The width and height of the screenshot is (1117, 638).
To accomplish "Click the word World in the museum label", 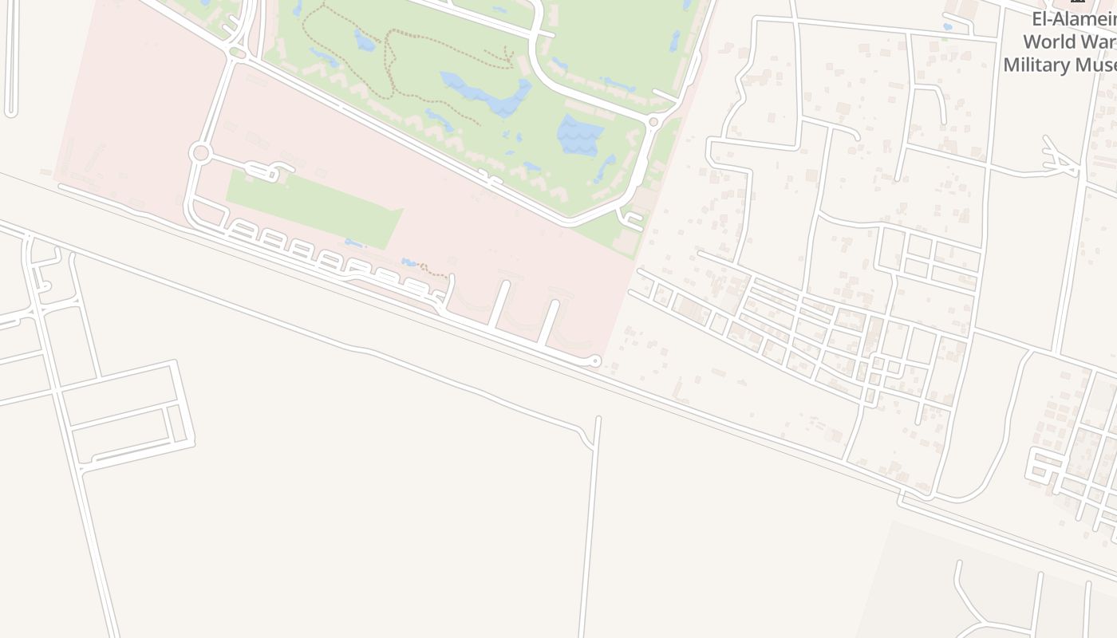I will pyautogui.click(x=1043, y=41).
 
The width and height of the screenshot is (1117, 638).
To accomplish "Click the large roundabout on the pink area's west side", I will pyautogui.click(x=199, y=152).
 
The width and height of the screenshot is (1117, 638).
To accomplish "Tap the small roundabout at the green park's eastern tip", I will pyautogui.click(x=653, y=121).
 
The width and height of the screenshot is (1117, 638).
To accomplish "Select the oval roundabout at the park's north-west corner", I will pyautogui.click(x=236, y=53).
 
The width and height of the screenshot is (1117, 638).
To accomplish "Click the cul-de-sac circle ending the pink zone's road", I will pyautogui.click(x=594, y=361).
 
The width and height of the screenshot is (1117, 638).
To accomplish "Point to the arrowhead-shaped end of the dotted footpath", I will pyautogui.click(x=508, y=56).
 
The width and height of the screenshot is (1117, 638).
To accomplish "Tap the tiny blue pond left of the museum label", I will pyautogui.click(x=947, y=26).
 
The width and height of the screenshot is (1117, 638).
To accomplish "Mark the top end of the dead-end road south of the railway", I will pyautogui.click(x=598, y=418).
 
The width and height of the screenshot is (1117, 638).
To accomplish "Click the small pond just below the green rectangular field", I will pyautogui.click(x=353, y=243).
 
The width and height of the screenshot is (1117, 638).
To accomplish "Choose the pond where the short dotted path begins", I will pyautogui.click(x=409, y=262).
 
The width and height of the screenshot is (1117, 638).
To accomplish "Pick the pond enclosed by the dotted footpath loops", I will pyautogui.click(x=364, y=40).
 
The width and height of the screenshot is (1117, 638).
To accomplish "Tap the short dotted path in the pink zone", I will pyautogui.click(x=432, y=272).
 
